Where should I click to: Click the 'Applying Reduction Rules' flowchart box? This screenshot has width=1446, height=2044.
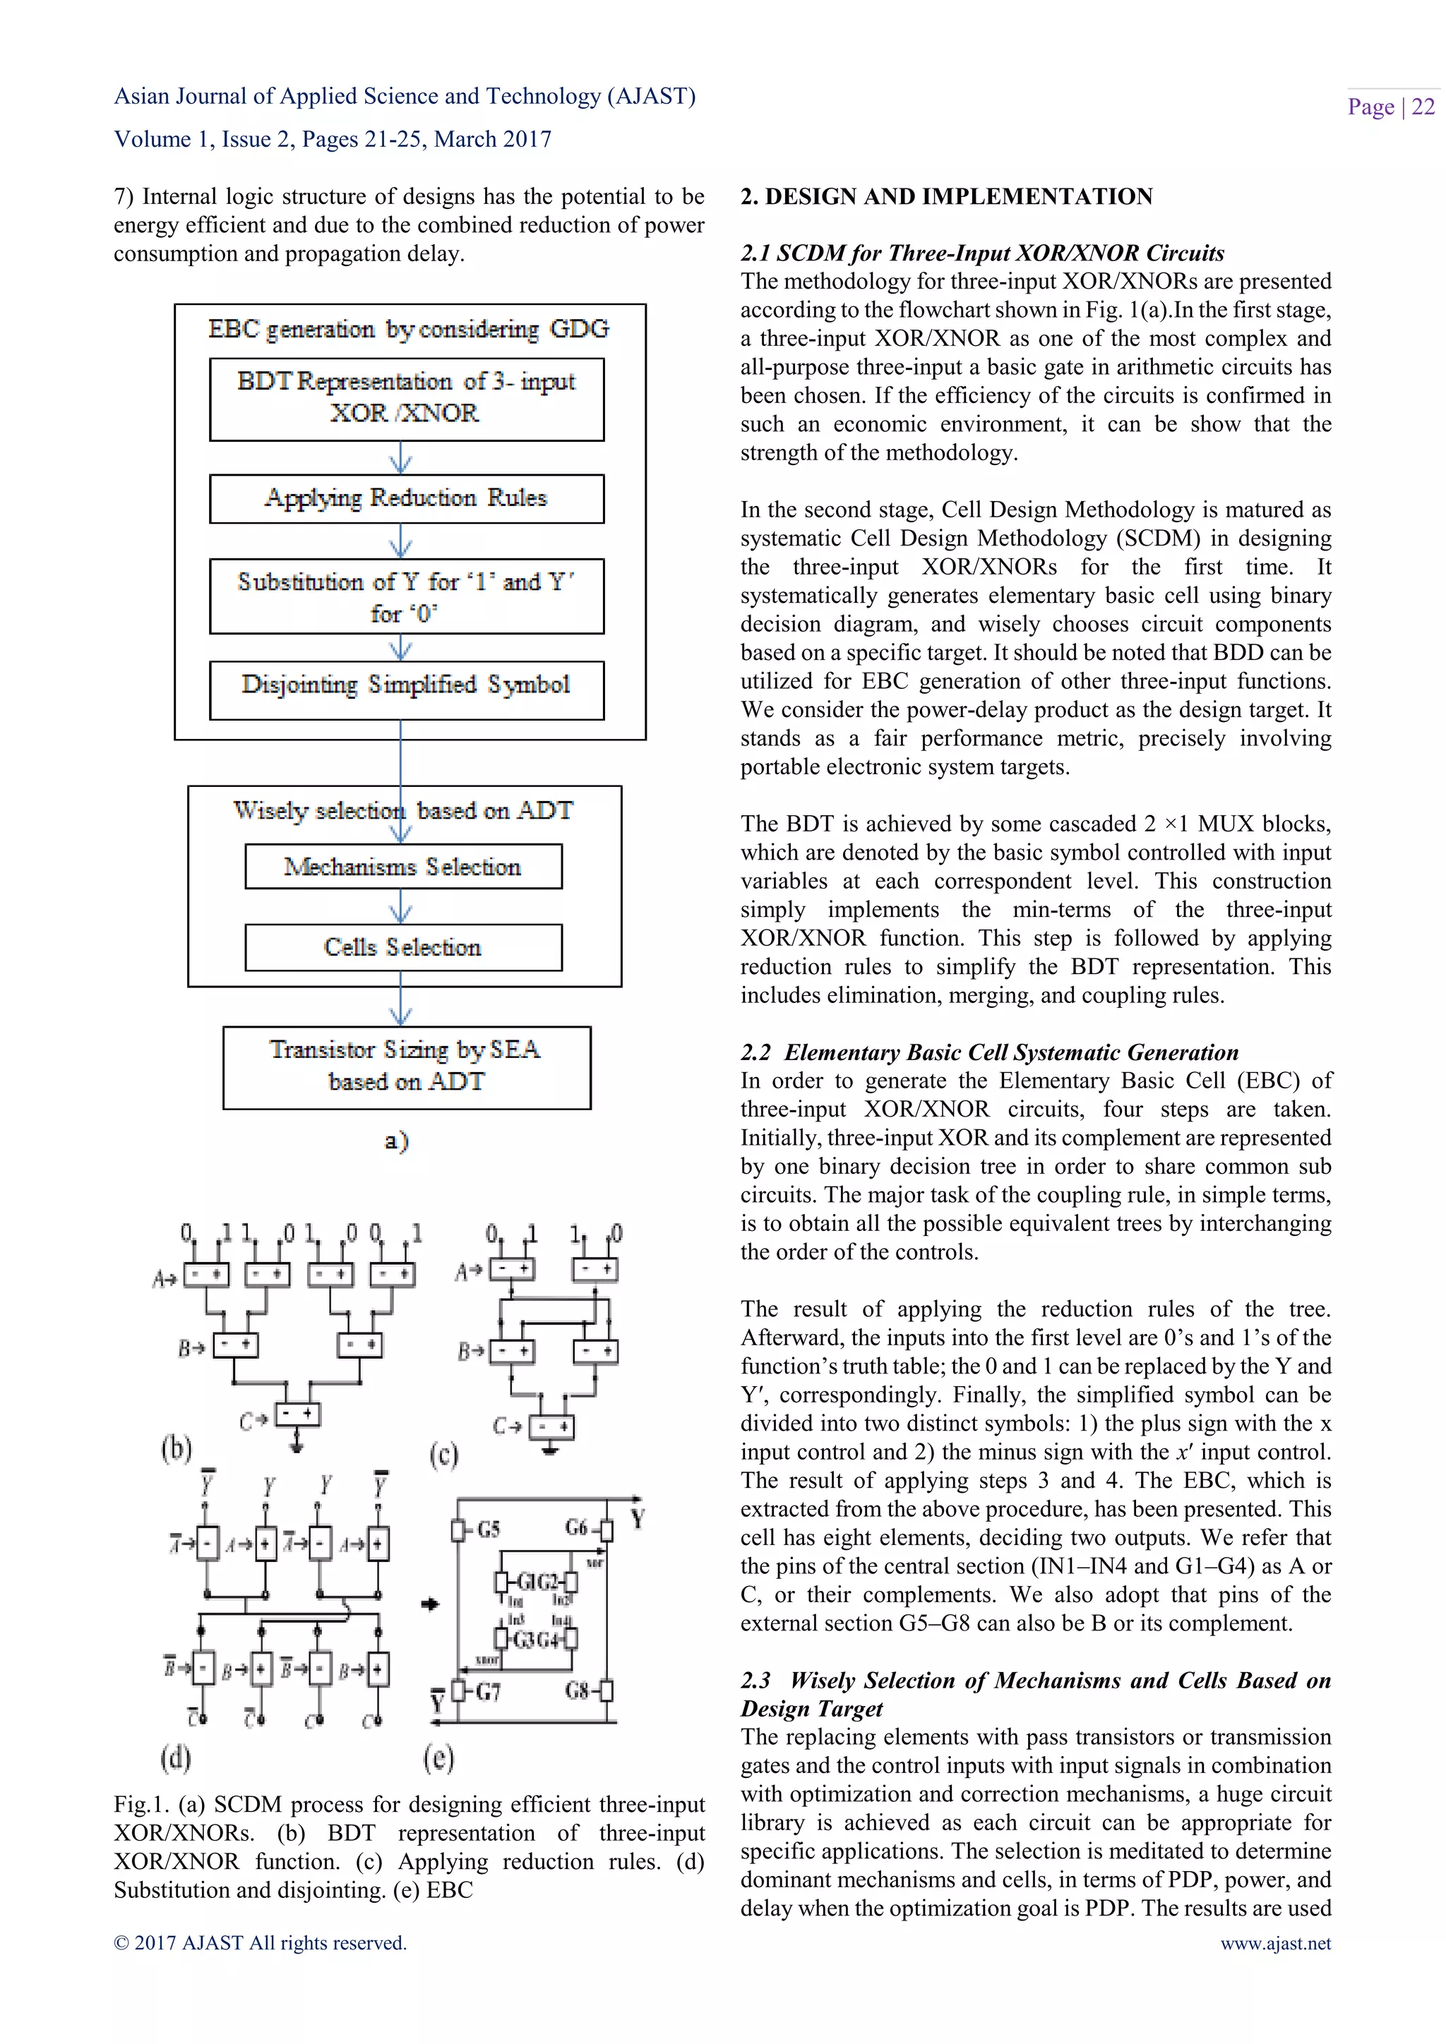[x=406, y=498]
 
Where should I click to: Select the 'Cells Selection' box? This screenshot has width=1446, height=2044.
[x=402, y=947]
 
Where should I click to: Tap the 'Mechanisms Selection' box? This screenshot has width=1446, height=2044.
[x=402, y=866]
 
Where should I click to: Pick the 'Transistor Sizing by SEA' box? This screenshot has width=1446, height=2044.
[x=406, y=1066]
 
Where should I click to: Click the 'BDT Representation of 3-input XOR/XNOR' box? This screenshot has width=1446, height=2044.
[x=406, y=398]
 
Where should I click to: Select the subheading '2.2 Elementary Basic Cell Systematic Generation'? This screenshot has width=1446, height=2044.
[x=988, y=1052]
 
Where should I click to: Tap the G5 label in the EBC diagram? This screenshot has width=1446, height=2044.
[x=488, y=1529]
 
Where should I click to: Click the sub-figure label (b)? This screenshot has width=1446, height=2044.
[x=177, y=1448]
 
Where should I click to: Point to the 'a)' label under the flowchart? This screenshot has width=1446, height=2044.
[x=397, y=1141]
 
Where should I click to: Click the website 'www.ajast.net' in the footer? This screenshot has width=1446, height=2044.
[x=1275, y=1943]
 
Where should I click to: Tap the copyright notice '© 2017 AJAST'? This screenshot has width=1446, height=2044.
[x=259, y=1943]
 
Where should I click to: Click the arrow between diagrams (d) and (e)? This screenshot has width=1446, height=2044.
[x=430, y=1604]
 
